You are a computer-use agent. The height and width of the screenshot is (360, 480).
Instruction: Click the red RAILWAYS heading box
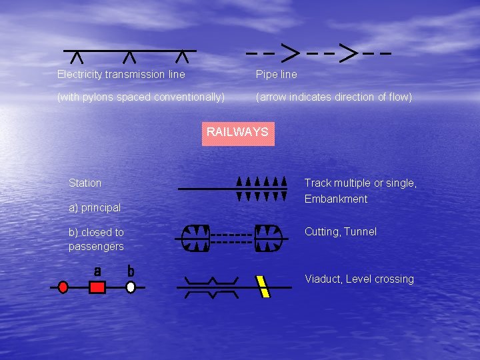pyautogui.click(x=237, y=132)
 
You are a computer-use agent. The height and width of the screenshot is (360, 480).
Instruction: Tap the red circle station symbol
pyautogui.click(x=63, y=287)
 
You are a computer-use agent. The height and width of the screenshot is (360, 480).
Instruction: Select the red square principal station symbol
pyautogui.click(x=97, y=287)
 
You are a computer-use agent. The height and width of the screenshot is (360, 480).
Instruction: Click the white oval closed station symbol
pyautogui.click(x=131, y=287)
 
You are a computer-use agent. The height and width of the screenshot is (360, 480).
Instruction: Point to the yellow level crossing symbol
pyautogui.click(x=263, y=287)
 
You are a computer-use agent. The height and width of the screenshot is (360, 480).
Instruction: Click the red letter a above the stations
pyautogui.click(x=97, y=271)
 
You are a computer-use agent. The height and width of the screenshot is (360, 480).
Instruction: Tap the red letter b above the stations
pyautogui.click(x=131, y=271)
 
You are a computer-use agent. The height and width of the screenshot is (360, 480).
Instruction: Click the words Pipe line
pyautogui.click(x=277, y=74)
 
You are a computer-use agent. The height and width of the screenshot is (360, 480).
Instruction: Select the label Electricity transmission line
pyautogui.click(x=121, y=74)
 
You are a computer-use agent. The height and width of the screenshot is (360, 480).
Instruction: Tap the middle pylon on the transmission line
pyautogui.click(x=130, y=58)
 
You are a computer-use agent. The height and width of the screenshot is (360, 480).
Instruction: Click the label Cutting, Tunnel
pyautogui.click(x=341, y=231)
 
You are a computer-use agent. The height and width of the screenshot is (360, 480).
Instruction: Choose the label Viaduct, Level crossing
pyautogui.click(x=359, y=279)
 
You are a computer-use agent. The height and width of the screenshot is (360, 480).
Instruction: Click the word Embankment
pyautogui.click(x=336, y=199)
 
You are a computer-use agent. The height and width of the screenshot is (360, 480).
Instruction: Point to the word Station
pyautogui.click(x=85, y=183)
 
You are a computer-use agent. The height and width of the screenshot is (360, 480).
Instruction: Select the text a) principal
pyautogui.click(x=95, y=207)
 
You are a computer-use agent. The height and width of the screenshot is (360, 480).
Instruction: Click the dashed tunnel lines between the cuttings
pyautogui.click(x=233, y=239)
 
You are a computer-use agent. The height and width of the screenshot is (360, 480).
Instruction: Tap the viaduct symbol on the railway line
pyautogui.click(x=212, y=287)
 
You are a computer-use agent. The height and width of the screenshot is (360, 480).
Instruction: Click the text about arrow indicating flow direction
pyautogui.click(x=334, y=97)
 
